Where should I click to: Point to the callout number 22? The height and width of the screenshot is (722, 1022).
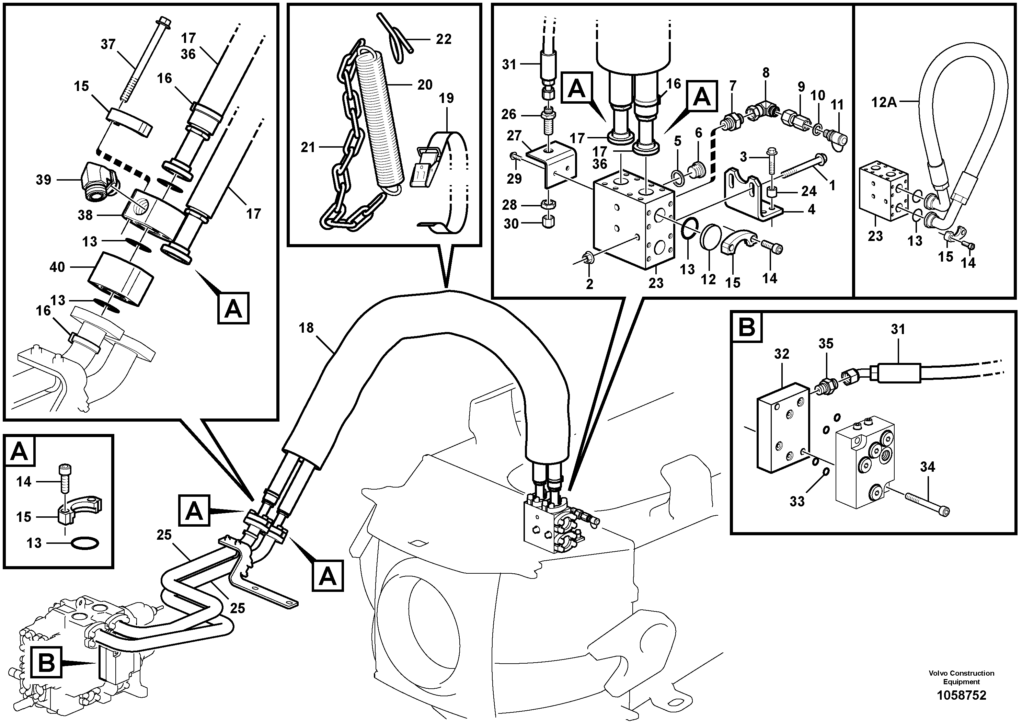pyautogui.click(x=443, y=39)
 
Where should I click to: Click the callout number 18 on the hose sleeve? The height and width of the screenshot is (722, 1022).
pyautogui.click(x=306, y=328)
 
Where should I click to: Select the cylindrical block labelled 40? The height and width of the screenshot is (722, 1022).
pyautogui.click(x=120, y=278)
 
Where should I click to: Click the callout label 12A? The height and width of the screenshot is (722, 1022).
pyautogui.click(x=884, y=103)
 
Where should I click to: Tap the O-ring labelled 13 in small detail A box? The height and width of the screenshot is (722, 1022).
pyautogui.click(x=85, y=543)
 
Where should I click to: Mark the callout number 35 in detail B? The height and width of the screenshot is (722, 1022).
pyautogui.click(x=826, y=344)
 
